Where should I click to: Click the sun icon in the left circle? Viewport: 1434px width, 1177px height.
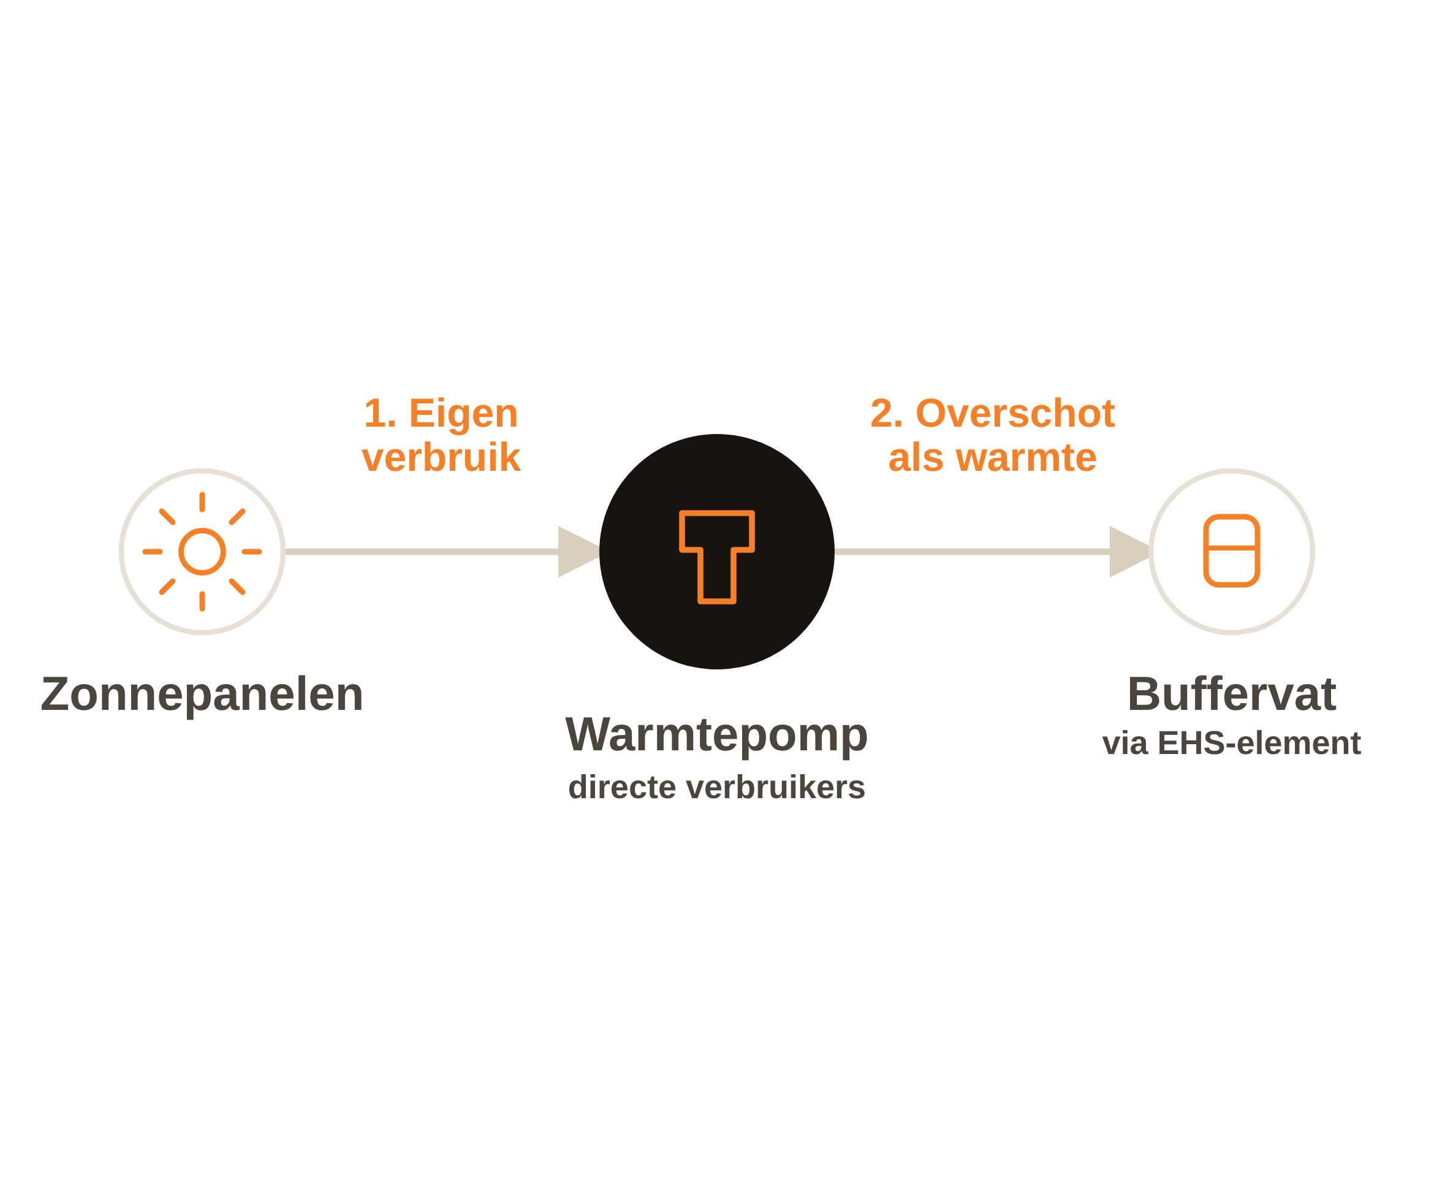click(x=202, y=552)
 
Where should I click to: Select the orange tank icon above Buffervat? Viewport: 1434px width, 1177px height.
click(x=1231, y=550)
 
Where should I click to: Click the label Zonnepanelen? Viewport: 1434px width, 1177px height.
click(x=202, y=695)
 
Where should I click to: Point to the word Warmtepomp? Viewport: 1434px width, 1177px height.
click(x=716, y=735)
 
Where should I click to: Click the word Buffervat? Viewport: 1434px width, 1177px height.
click(x=1231, y=695)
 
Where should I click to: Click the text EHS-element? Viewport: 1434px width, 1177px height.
click(x=1259, y=743)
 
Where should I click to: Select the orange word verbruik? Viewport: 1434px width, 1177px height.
click(x=441, y=458)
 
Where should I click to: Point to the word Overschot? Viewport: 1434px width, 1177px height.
click(x=1015, y=414)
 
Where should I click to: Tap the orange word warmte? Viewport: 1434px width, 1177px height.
click(x=1026, y=459)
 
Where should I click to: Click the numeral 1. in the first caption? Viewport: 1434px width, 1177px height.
click(x=380, y=414)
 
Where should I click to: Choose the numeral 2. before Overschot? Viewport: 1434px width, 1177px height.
click(x=886, y=414)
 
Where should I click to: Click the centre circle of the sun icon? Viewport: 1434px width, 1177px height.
click(x=202, y=552)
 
